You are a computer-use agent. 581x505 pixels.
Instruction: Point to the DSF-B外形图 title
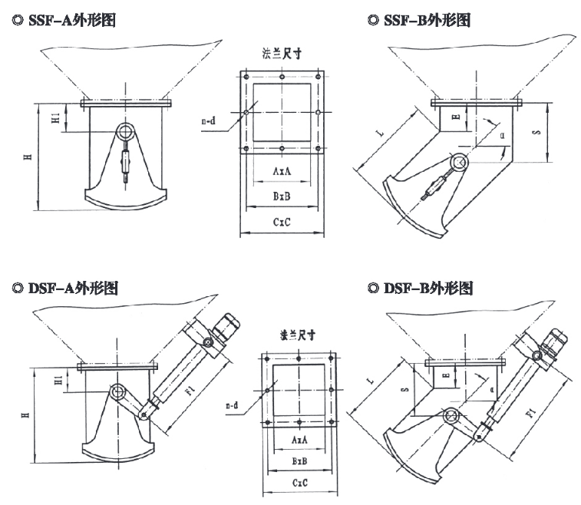421,289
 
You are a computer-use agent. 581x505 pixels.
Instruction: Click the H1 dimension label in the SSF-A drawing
55,118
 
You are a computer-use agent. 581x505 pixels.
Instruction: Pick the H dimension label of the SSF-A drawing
27,157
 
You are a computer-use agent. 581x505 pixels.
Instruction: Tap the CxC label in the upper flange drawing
282,222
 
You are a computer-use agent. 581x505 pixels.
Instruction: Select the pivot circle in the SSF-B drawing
459,162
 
